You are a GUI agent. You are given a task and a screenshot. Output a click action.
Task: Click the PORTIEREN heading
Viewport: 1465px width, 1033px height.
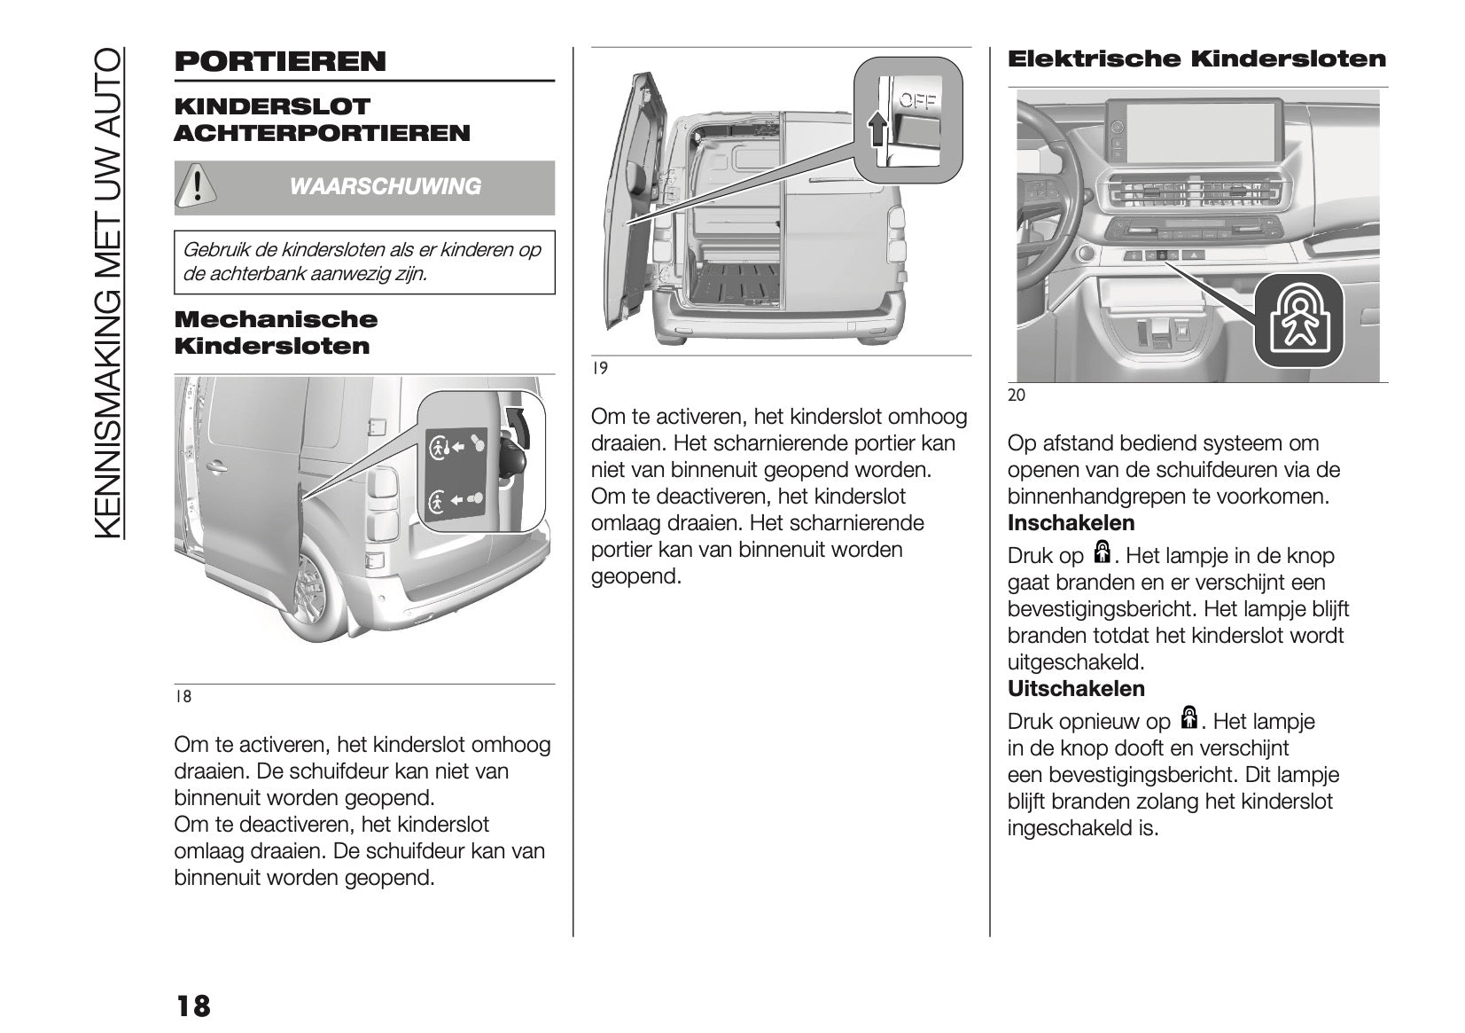pos(280,62)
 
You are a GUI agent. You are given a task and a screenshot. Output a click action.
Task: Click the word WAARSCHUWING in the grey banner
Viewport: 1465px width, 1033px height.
pos(386,187)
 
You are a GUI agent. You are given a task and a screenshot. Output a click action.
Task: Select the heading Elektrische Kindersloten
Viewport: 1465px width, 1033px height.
pos(1196,59)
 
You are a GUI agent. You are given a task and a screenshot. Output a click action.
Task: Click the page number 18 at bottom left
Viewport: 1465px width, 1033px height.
pos(193,1006)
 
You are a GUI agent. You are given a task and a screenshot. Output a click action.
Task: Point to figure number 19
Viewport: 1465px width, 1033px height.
pos(600,368)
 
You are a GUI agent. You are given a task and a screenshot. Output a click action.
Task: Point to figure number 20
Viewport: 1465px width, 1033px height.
pos(1017,395)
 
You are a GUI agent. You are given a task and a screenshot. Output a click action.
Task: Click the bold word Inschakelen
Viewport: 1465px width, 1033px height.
pos(1071,523)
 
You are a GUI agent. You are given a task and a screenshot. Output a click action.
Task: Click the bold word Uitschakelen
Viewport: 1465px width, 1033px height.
pos(1076,689)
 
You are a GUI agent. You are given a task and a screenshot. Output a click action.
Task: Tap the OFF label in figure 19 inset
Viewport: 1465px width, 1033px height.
pos(917,101)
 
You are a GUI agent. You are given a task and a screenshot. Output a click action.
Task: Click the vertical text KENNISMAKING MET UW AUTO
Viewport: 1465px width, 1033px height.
pos(108,293)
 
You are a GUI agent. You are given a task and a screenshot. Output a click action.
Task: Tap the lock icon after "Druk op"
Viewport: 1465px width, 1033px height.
pos(1103,553)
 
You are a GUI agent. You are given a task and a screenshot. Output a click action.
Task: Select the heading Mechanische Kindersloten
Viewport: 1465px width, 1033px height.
pos(276,333)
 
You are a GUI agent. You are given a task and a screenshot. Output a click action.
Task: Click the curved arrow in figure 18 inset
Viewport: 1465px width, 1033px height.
pos(518,426)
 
